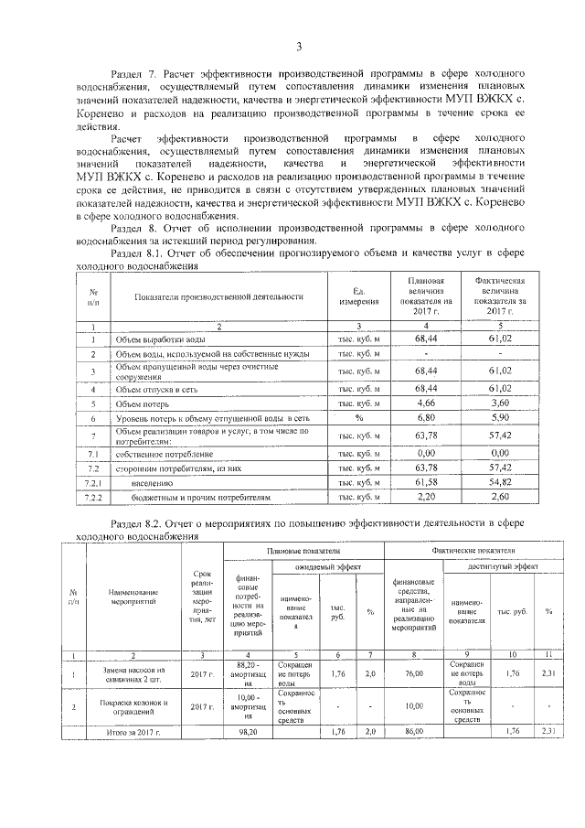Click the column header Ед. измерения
click(x=358, y=296)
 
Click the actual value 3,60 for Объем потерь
click(x=499, y=402)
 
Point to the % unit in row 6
click(x=358, y=417)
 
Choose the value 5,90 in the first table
click(x=499, y=417)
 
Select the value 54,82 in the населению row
click(x=499, y=482)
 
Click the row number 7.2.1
click(x=92, y=482)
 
